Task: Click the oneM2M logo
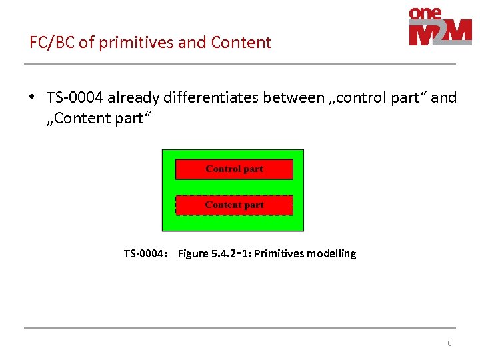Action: (440, 27)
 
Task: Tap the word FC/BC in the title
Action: (52, 43)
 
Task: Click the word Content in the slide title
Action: (241, 43)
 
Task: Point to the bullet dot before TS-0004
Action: (31, 97)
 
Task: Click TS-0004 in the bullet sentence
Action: (75, 98)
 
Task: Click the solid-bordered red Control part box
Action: (234, 169)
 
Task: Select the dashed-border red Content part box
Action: (234, 205)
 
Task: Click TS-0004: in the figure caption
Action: (145, 253)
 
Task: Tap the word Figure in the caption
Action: (193, 253)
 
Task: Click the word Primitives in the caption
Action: (280, 253)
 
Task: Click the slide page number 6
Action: (449, 343)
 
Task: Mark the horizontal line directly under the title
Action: (240, 64)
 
